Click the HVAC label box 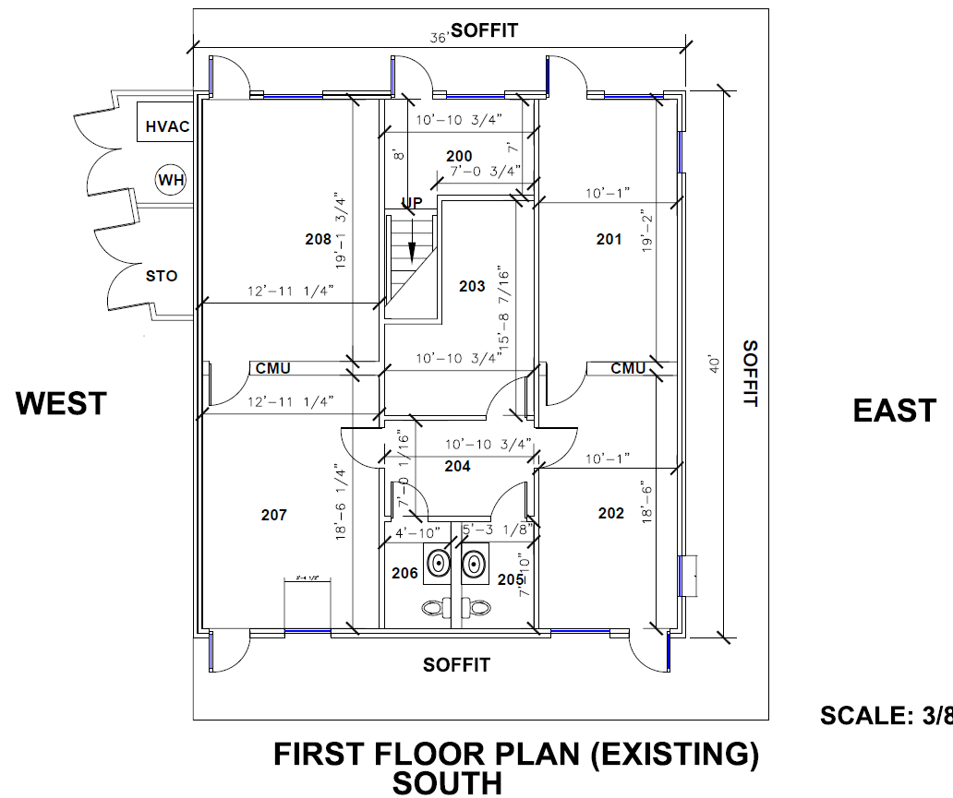(x=167, y=126)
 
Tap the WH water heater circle (x=171, y=180)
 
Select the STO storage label (x=161, y=276)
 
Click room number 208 (x=318, y=240)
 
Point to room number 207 (x=273, y=515)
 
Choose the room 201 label (x=609, y=240)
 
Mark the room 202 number (x=611, y=513)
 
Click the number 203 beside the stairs (x=472, y=286)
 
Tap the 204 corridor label (x=457, y=467)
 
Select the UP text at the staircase (x=411, y=202)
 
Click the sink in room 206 (x=437, y=562)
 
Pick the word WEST (x=62, y=404)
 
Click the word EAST (x=894, y=411)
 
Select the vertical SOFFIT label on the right (x=750, y=374)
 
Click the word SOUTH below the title (x=448, y=784)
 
